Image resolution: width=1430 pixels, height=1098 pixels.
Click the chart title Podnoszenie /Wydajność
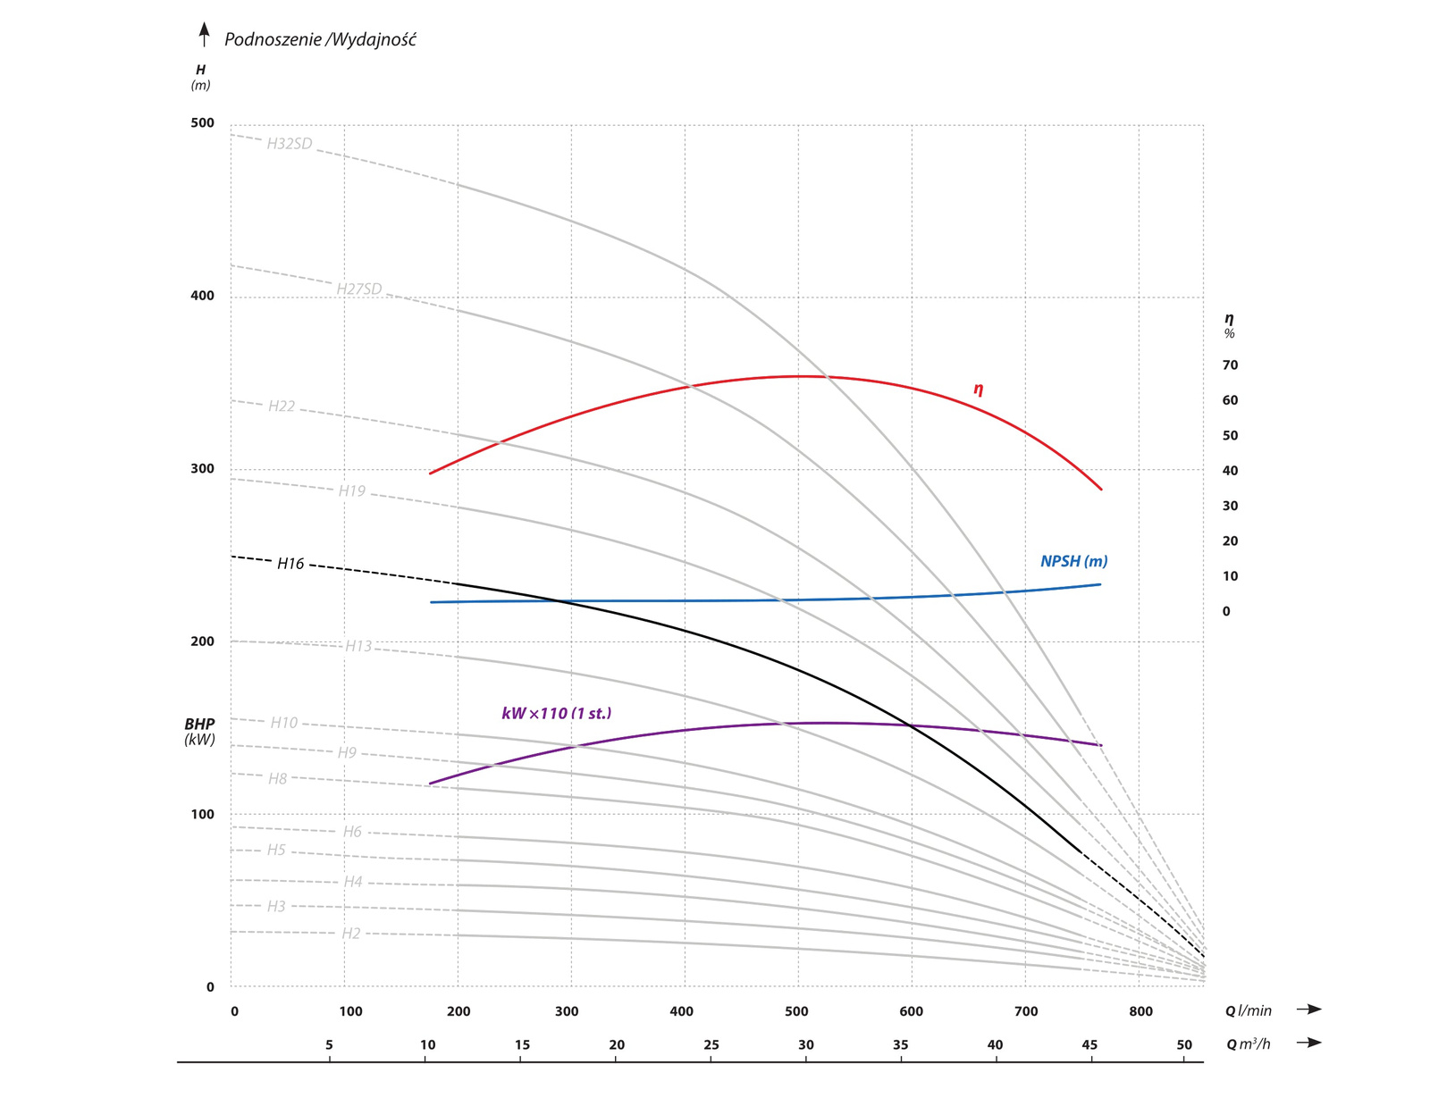coord(320,39)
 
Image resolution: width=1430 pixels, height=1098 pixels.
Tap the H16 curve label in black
coord(290,564)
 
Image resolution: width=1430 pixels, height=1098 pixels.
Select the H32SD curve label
coord(290,144)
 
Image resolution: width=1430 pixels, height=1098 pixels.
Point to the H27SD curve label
coord(359,289)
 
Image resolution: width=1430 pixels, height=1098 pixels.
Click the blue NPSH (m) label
coord(1073,561)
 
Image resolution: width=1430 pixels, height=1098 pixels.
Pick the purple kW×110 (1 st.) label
coord(556,713)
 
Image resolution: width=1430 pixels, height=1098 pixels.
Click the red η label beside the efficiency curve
coord(979,389)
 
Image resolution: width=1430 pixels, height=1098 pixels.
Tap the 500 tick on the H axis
coord(203,123)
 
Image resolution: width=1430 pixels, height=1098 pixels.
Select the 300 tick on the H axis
coord(203,469)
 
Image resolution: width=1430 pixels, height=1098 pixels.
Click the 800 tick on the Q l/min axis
coord(1140,1011)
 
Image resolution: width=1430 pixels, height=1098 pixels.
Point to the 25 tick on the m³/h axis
coord(711,1044)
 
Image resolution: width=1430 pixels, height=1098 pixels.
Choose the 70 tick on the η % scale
coord(1230,365)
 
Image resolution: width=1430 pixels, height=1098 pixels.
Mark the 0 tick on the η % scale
coord(1226,611)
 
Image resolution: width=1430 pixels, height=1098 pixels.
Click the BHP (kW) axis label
coord(200,732)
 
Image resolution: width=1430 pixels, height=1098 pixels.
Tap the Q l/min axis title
coord(1248,1010)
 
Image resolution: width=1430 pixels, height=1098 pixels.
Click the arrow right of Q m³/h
coord(1309,1043)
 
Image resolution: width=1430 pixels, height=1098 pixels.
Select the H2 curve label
coord(351,934)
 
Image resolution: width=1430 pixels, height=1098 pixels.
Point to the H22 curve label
coord(282,407)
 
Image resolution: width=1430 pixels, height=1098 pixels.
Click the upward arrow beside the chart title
coord(205,35)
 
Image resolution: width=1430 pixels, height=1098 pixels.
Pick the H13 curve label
coord(358,646)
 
